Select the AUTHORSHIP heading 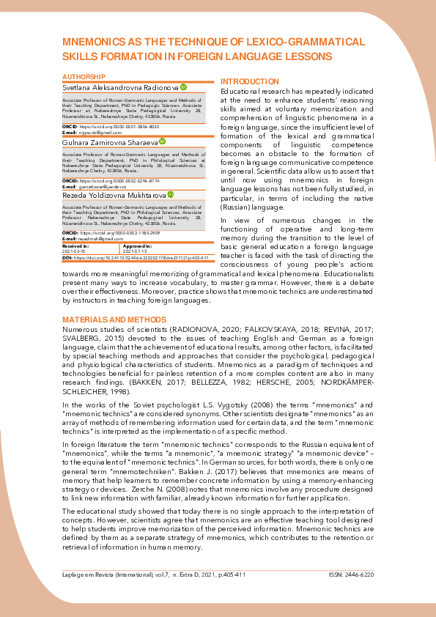point(84,77)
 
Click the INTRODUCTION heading point(249,81)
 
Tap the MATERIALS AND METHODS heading point(114,320)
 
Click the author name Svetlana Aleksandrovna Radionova point(120,86)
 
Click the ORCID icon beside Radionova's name point(183,86)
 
